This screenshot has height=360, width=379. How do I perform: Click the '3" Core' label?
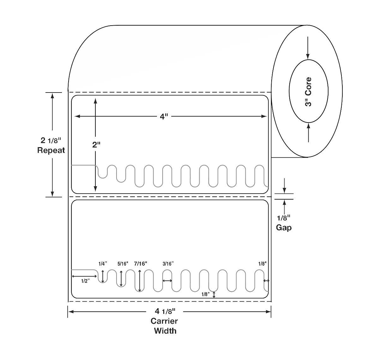pyautogui.click(x=308, y=92)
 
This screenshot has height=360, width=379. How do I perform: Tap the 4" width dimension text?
pyautogui.click(x=163, y=117)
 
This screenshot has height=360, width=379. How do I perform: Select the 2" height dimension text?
pyautogui.click(x=96, y=145)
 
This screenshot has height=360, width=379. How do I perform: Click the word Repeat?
pyautogui.click(x=51, y=150)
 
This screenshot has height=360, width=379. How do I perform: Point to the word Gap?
pyautogui.click(x=284, y=227)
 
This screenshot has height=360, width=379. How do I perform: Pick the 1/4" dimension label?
pyautogui.click(x=103, y=264)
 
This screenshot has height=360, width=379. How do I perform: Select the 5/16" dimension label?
pyautogui.click(x=123, y=264)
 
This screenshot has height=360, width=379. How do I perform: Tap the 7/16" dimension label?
pyautogui.click(x=141, y=264)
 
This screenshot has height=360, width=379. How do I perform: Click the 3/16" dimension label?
pyautogui.click(x=168, y=264)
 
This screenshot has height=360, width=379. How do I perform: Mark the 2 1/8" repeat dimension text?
pyautogui.click(x=51, y=140)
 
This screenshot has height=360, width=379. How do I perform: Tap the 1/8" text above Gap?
pyautogui.click(x=284, y=218)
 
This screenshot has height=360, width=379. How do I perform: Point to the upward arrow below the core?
pyautogui.click(x=308, y=133)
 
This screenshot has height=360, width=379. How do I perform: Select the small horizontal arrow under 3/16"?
pyautogui.click(x=167, y=280)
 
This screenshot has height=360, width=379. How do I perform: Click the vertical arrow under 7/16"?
pyautogui.click(x=140, y=281)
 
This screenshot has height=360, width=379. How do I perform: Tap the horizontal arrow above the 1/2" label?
pyautogui.click(x=84, y=276)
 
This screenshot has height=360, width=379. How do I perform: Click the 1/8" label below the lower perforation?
pyautogui.click(x=205, y=294)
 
